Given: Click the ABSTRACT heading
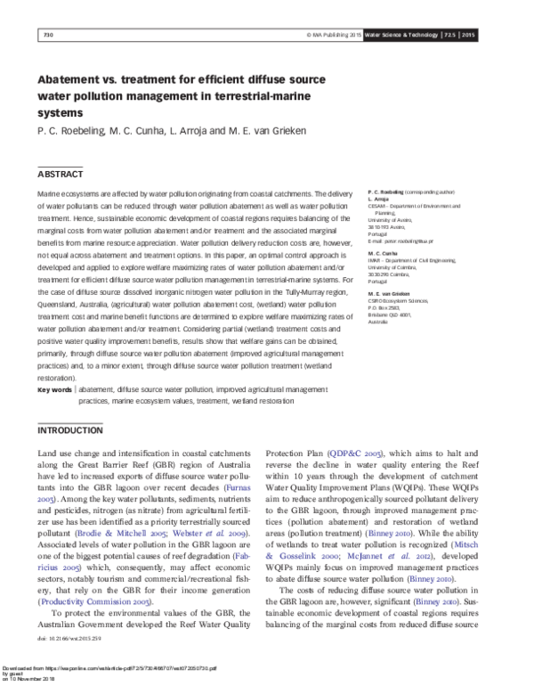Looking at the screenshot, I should [60, 174].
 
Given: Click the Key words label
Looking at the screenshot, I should [54, 390].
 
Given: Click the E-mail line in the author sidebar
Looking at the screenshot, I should [400, 241].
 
